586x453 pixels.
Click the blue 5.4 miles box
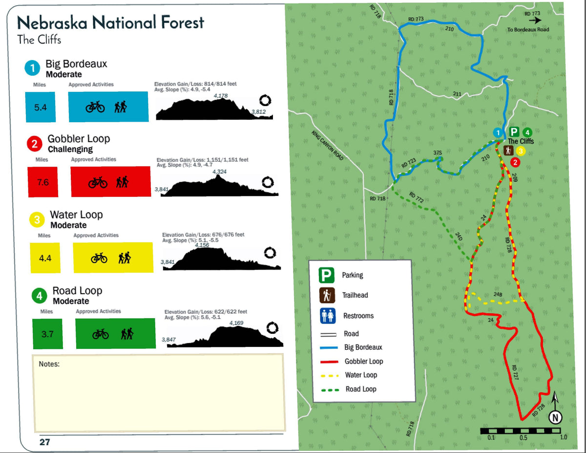coord(41,107)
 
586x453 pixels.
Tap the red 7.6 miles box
coord(43,182)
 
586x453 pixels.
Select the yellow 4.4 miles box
coord(45,258)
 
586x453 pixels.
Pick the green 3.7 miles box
coord(47,334)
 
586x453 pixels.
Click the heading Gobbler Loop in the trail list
coord(79,139)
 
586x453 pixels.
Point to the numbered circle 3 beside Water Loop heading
coord(37,220)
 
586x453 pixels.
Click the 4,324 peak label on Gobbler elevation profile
coord(219,172)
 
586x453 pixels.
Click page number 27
coord(45,442)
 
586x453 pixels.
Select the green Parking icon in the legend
coord(326,275)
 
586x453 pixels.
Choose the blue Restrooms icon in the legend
coord(327,316)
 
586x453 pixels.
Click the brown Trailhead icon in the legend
coord(326,295)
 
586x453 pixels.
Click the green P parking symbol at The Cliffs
coord(514,131)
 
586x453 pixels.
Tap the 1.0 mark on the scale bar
coord(563,437)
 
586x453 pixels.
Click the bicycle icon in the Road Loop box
coord(101,334)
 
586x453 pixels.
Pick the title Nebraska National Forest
coord(110,22)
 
